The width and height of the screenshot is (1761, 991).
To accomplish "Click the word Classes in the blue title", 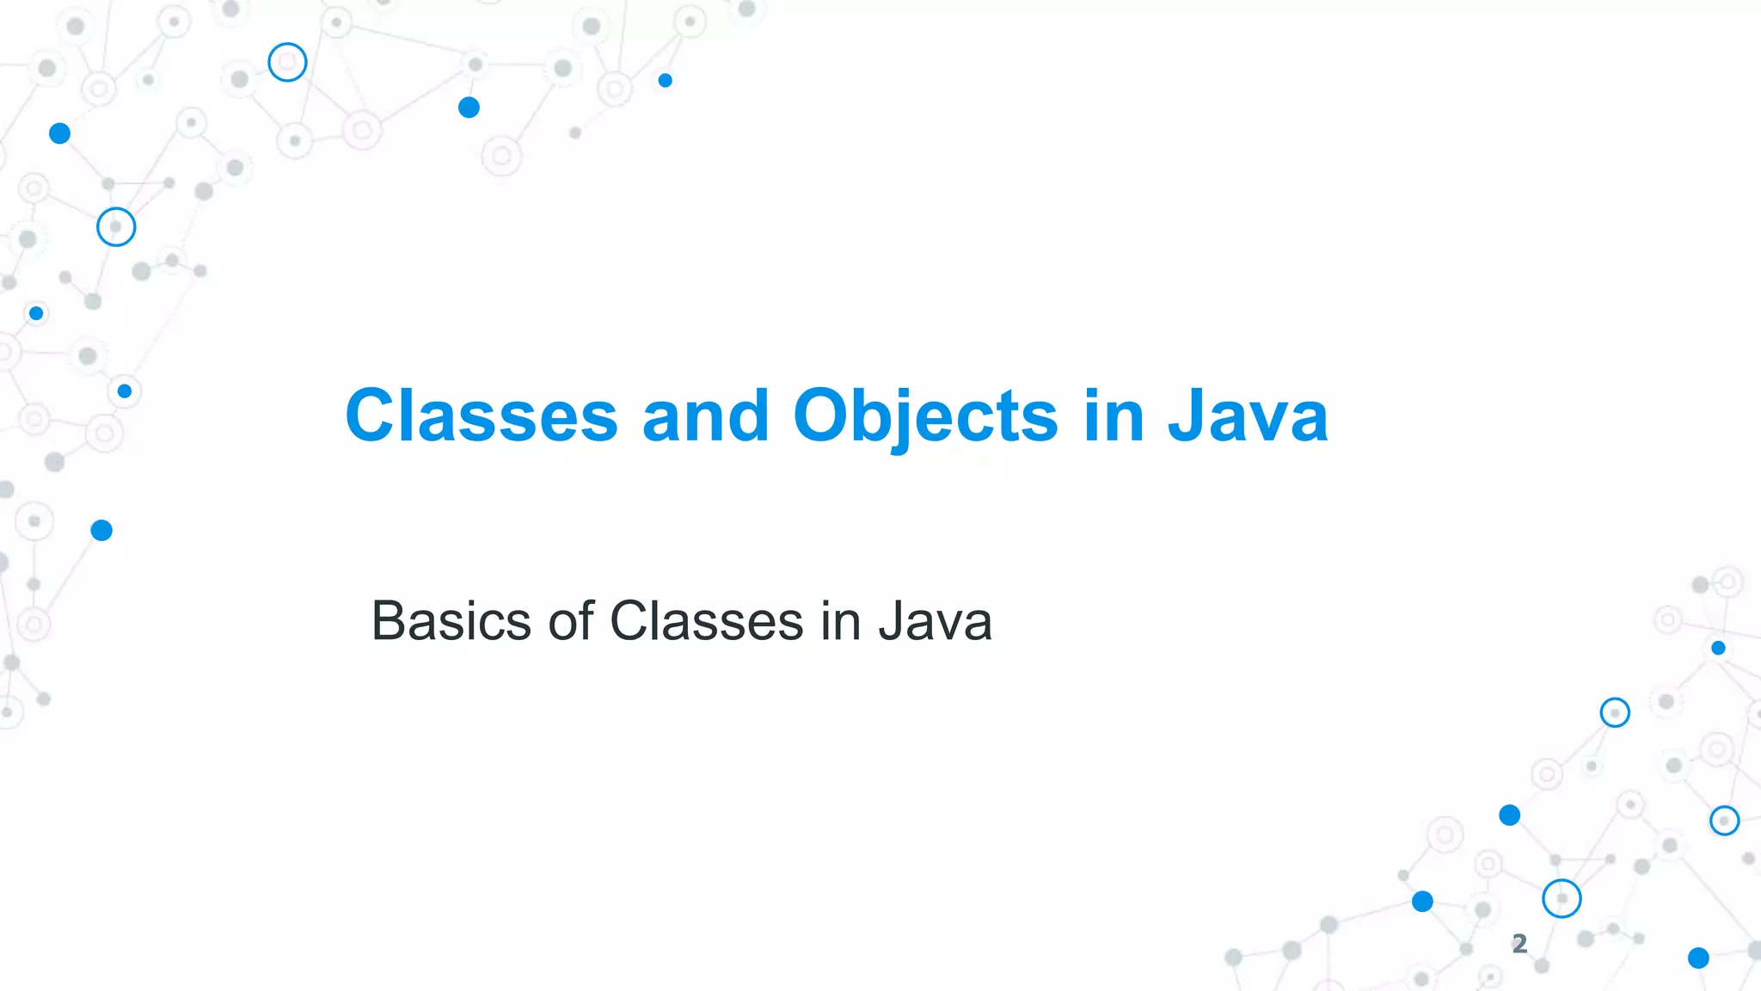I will pyautogui.click(x=482, y=415).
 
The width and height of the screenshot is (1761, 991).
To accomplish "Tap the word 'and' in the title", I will pyautogui.click(x=705, y=415).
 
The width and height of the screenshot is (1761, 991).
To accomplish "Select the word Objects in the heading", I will pyautogui.click(x=925, y=417).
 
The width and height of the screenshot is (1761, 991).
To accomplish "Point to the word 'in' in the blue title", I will pyautogui.click(x=1114, y=415).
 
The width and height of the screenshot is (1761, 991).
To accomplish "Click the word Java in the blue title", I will pyautogui.click(x=1248, y=415).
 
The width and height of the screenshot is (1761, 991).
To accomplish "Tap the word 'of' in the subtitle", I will pyautogui.click(x=571, y=620).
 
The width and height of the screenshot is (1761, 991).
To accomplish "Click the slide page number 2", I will pyautogui.click(x=1519, y=944).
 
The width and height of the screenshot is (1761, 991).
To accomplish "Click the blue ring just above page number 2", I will pyautogui.click(x=1562, y=899).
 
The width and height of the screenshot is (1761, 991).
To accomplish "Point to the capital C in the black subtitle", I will pyautogui.click(x=631, y=620).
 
